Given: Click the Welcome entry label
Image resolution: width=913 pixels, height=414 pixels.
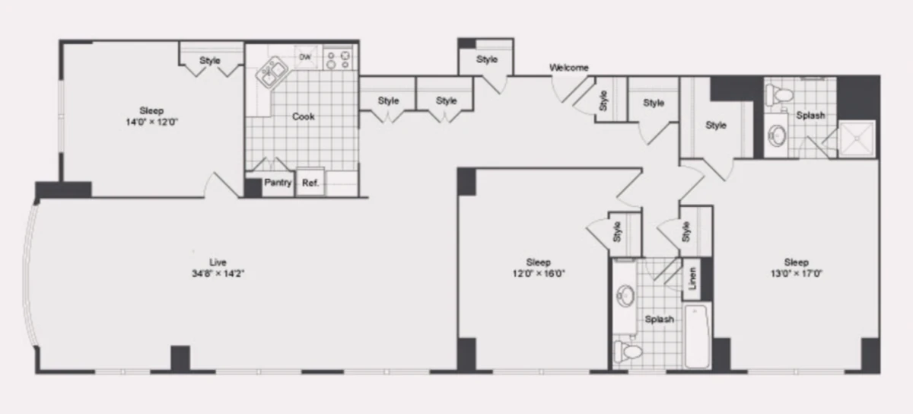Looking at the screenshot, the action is coord(568,68).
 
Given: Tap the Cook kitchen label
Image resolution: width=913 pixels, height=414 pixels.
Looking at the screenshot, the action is coord(304,116).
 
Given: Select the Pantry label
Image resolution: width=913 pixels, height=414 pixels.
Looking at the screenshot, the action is coord(278,183).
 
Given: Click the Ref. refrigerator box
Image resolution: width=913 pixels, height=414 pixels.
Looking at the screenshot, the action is coord(310,182).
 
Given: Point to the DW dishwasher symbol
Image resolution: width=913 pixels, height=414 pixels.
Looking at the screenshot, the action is coord(305,57).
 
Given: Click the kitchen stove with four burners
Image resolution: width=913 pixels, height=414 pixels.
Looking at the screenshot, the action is coord(338,59).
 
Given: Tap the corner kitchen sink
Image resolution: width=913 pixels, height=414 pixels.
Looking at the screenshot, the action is coord(271,72).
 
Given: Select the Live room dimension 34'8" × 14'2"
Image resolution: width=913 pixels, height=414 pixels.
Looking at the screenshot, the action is coord(218,274).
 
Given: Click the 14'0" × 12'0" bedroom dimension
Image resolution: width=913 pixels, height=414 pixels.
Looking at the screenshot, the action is coord(151,122).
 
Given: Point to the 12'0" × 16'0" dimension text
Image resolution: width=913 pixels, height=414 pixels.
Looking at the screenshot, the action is coord(539,274).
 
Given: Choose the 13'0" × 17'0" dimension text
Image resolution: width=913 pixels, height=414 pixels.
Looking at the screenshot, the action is coord(796,274).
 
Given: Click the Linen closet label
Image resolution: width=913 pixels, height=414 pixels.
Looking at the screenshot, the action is coord(692,279).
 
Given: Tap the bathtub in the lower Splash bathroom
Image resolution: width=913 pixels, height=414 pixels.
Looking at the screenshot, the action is coord(698,337).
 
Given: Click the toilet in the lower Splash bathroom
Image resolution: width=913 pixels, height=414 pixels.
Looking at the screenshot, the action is coord(628,351).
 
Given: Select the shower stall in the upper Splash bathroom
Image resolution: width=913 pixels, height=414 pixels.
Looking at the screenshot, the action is coord(857,139).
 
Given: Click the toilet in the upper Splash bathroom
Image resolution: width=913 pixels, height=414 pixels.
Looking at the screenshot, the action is coord(779,94).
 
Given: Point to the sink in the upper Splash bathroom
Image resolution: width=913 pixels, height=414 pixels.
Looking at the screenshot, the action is coord(777,135).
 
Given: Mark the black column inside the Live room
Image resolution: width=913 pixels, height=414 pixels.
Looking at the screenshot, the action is coord(180,358).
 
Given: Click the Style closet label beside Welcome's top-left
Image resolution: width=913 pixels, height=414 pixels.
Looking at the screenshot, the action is coord(487,59).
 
